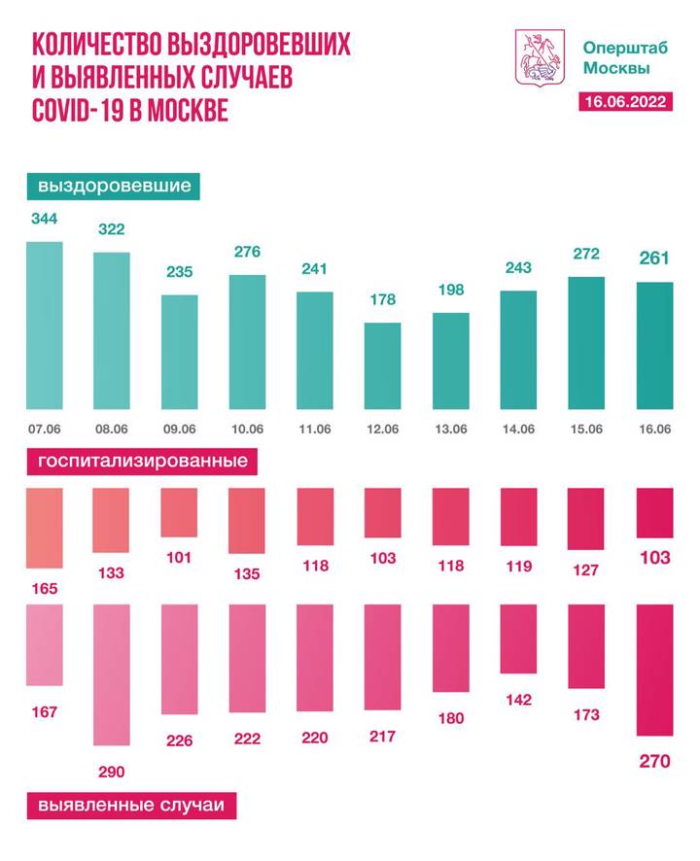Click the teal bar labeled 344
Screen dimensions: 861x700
tap(45, 326)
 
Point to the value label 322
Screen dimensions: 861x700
tap(112, 229)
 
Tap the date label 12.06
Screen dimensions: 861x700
tap(383, 429)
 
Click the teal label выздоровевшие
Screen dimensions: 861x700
tap(114, 186)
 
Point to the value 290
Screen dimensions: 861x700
tap(111, 772)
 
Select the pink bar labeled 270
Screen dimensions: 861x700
tap(653, 670)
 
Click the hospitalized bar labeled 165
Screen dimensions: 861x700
tap(45, 528)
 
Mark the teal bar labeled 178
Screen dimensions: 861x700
tap(383, 365)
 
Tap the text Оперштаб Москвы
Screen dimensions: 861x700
tap(615, 57)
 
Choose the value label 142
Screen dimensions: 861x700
tap(517, 699)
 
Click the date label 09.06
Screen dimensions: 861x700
tap(180, 429)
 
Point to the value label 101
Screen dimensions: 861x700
tap(179, 559)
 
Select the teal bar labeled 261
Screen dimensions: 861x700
tap(653, 345)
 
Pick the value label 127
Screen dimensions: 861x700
tap(585, 571)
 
